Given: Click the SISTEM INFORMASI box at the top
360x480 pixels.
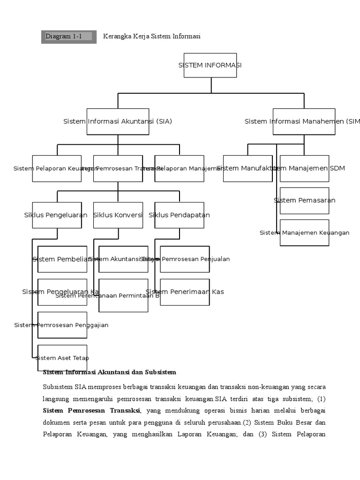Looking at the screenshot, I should coord(210,65).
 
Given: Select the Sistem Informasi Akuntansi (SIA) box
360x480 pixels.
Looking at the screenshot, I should coord(118,121).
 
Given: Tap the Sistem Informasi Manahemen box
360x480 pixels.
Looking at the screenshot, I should coord(304,121).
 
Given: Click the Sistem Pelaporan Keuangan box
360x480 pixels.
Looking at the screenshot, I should coord(57,168).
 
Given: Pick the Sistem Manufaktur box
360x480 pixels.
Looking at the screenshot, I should coord(247,168).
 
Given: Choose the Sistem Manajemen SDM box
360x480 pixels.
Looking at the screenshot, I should coord(304,168).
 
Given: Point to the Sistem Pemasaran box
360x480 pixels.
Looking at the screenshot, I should coord(304,201).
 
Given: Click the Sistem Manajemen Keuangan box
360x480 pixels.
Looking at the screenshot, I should coord(304,232).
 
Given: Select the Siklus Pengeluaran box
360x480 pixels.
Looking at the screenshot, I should coord(57,215).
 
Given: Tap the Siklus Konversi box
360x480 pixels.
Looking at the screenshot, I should coord(118,215).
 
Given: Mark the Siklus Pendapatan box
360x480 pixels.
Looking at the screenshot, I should coord(179,215).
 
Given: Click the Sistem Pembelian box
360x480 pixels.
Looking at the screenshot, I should coord(62,259).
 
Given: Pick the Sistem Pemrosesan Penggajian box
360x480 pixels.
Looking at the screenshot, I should coord(62,325).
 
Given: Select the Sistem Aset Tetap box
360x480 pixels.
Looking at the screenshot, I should coord(62,358).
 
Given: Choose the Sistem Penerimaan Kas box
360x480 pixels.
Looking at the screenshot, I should coord(185,292).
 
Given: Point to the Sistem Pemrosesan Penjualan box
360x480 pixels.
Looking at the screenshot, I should coord(185,259).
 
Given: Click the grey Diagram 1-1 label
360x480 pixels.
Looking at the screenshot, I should coord(68,37).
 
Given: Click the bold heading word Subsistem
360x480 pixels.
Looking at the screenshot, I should coord(160,372).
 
